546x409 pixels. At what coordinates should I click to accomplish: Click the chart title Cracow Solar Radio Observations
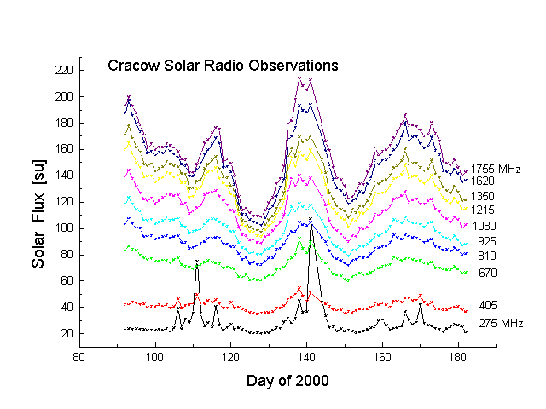coord(224,66)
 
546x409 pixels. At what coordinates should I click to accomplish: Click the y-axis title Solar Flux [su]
coord(38,201)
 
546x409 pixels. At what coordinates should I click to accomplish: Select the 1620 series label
coord(483,181)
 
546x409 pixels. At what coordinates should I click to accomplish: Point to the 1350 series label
coord(483,196)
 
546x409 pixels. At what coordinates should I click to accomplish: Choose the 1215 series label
coord(483,209)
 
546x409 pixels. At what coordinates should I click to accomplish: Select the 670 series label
coord(487,273)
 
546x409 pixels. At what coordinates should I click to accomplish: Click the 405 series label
coord(487,305)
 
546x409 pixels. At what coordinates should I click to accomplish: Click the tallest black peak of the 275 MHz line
coord(311,220)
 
